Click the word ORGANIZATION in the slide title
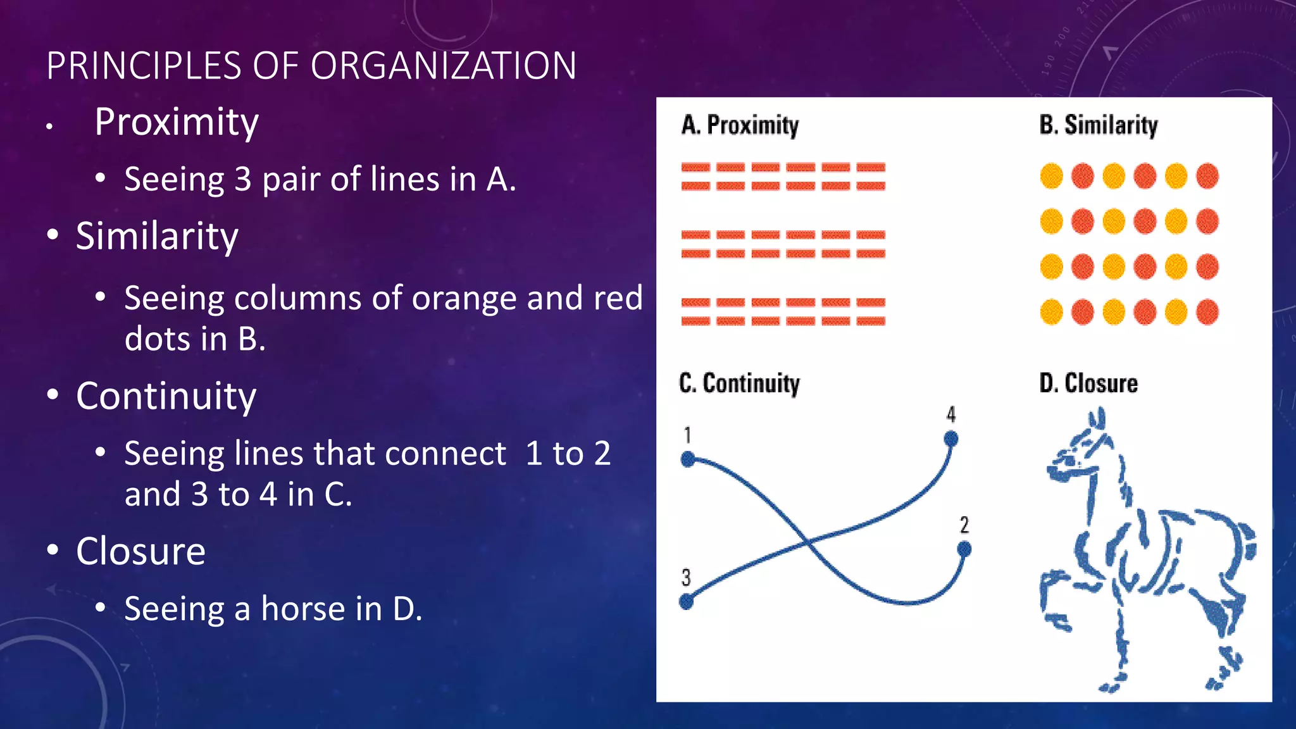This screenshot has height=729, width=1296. pyautogui.click(x=443, y=66)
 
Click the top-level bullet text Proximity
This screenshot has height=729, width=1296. pyautogui.click(x=177, y=121)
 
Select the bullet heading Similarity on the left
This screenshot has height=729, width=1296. pyautogui.click(x=157, y=236)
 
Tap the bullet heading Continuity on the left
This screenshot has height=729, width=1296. pyautogui.click(x=166, y=396)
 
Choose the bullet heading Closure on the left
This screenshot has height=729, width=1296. pyautogui.click(x=140, y=551)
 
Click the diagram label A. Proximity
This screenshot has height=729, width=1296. pyautogui.click(x=740, y=125)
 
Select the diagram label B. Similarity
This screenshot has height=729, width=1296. pyautogui.click(x=1098, y=125)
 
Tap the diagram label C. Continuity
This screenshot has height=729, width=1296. pyautogui.click(x=739, y=383)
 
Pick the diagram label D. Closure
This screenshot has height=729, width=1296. pyautogui.click(x=1088, y=383)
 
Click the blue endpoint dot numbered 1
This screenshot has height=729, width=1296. pyautogui.click(x=688, y=459)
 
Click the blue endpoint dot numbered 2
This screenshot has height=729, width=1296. pyautogui.click(x=964, y=549)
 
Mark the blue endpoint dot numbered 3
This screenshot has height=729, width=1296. pyautogui.click(x=687, y=601)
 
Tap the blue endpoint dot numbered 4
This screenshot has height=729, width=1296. pyautogui.click(x=950, y=439)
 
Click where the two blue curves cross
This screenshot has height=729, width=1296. pyautogui.click(x=806, y=542)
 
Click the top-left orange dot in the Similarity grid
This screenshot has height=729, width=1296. pyautogui.click(x=1051, y=176)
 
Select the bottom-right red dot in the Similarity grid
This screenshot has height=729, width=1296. pyautogui.click(x=1207, y=312)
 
